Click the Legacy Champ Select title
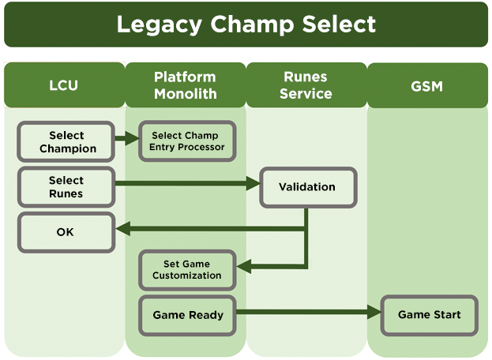tap(246, 24)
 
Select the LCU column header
tap(63, 85)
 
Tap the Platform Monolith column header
tap(185, 85)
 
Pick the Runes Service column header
tap(306, 85)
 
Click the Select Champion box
tap(67, 142)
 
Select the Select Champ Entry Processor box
tap(188, 141)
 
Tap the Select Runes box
tap(66, 187)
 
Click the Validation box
tap(307, 187)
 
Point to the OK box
tap(66, 232)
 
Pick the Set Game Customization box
tap(187, 269)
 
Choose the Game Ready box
tap(188, 315)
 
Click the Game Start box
tap(429, 315)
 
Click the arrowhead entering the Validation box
tap(254, 184)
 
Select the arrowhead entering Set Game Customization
tap(243, 267)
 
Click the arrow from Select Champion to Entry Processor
tap(127, 139)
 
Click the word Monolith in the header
tap(185, 93)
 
